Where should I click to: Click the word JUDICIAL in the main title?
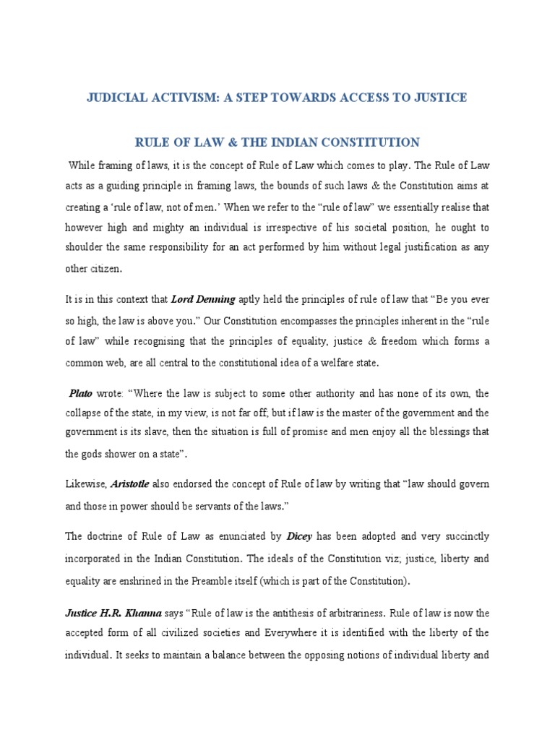(x=120, y=98)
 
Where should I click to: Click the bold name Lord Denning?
(x=199, y=299)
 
